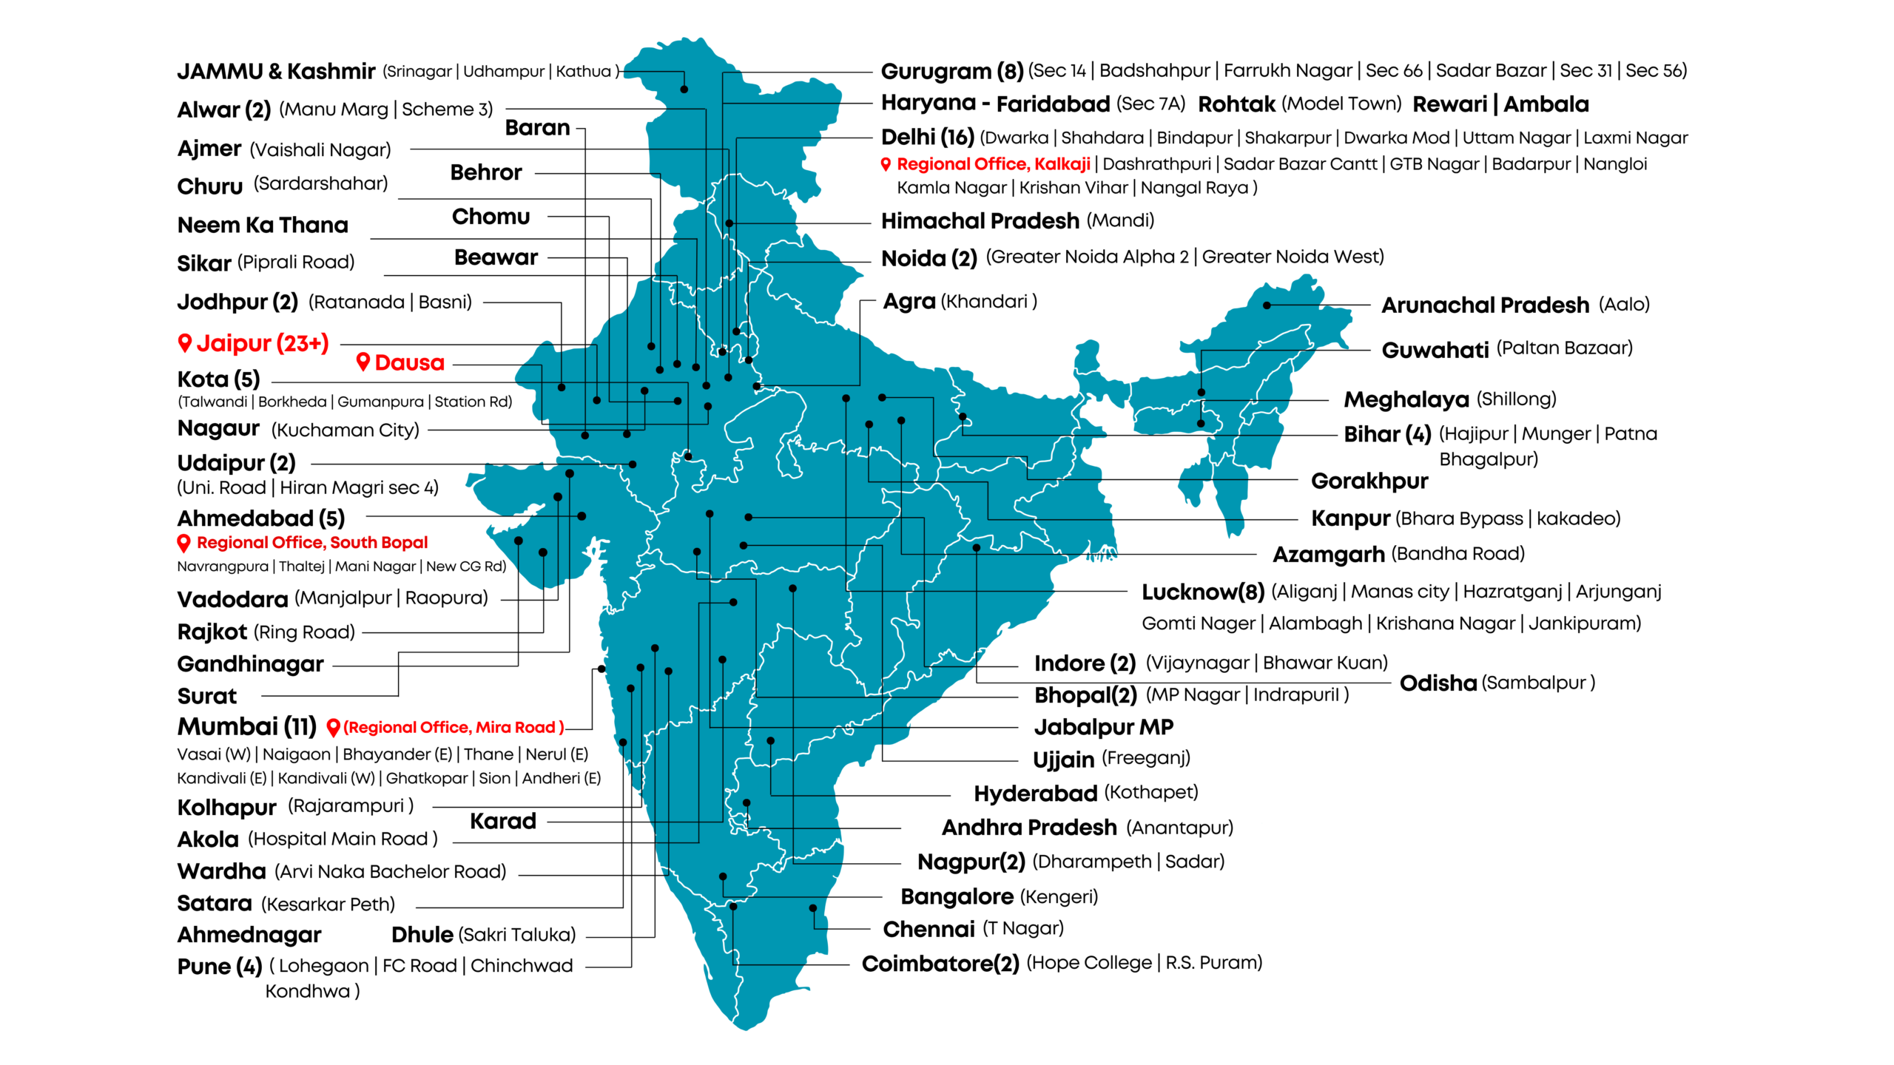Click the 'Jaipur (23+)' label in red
point(262,344)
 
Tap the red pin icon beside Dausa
point(363,361)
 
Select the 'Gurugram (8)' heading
point(951,72)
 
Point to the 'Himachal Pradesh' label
point(980,221)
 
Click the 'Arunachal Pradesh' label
point(1485,305)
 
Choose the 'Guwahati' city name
point(1435,350)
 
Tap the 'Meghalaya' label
point(1406,399)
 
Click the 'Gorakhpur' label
point(1369,481)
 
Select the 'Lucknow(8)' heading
point(1202,592)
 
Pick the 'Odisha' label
point(1438,683)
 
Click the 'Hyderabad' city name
point(1035,794)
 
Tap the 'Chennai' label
point(929,929)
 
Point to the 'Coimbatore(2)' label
point(940,964)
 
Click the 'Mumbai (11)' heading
point(246,727)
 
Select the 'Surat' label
point(206,697)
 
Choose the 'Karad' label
point(502,822)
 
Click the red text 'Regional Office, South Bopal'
point(311,543)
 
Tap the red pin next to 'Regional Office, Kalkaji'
point(886,164)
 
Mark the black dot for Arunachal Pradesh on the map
point(1267,305)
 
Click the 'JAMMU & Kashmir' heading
point(276,72)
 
